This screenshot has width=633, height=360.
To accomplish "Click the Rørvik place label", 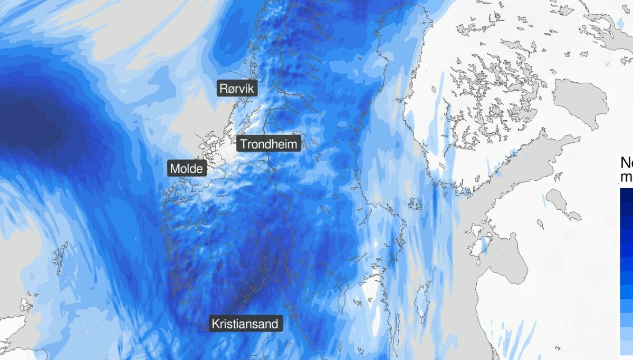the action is tap(237, 89).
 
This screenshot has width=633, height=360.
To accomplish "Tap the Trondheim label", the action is tap(269, 144).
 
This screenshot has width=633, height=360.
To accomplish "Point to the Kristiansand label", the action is tap(246, 323).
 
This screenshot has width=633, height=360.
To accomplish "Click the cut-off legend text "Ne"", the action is tap(627, 162).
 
